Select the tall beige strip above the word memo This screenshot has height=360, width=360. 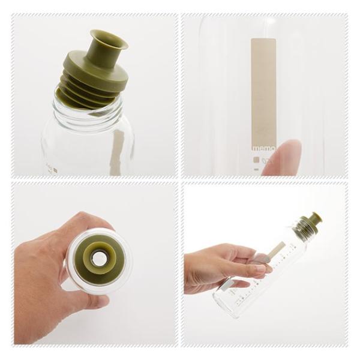coord(263,90)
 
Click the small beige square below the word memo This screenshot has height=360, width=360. coord(256,160)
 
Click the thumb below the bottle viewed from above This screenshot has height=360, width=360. coord(84,301)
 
